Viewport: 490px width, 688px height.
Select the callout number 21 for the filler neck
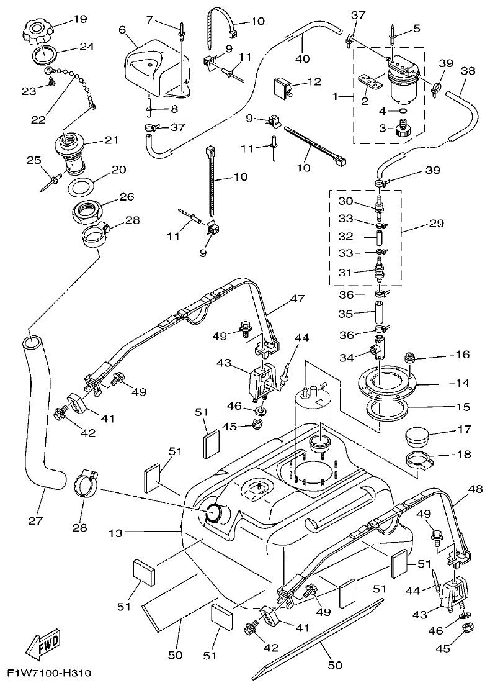click(112, 140)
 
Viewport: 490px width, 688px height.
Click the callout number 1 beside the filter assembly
click(336, 97)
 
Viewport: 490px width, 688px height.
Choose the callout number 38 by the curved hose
click(468, 71)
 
